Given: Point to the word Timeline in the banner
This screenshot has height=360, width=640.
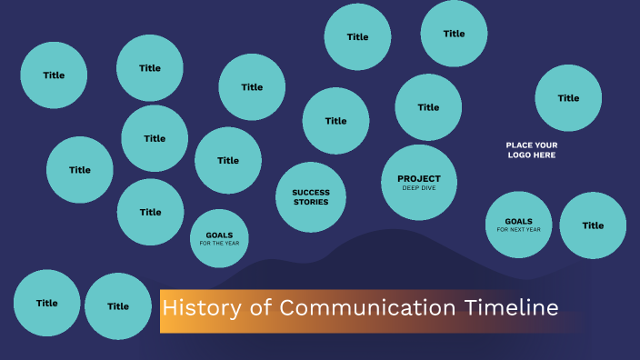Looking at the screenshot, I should pyautogui.click(x=512, y=308).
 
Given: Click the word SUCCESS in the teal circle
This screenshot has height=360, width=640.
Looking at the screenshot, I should pyautogui.click(x=311, y=193).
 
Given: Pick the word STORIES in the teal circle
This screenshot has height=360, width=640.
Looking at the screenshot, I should pyautogui.click(x=311, y=202).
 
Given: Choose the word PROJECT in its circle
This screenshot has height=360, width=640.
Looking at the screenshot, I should pyautogui.click(x=419, y=178).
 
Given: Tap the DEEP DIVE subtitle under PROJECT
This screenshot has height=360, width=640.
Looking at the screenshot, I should pyautogui.click(x=419, y=188).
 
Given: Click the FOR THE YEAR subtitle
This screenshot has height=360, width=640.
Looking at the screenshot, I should pyautogui.click(x=219, y=244).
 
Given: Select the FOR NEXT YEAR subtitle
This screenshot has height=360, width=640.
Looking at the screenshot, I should pyautogui.click(x=518, y=230).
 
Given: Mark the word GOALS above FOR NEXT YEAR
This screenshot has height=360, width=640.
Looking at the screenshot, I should pyautogui.click(x=518, y=221).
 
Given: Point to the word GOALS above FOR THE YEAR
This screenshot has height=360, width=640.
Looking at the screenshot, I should pyautogui.click(x=219, y=235).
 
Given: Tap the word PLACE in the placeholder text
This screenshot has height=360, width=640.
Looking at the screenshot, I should pyautogui.click(x=520, y=145).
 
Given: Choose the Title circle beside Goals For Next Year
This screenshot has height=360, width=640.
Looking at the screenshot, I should pyautogui.click(x=593, y=225).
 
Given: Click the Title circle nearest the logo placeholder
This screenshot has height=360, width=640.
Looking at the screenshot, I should pyautogui.click(x=568, y=98).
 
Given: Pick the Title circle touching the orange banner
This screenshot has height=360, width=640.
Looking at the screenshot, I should pyautogui.click(x=118, y=306).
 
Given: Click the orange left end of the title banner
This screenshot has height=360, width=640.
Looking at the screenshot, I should pyautogui.click(x=165, y=311).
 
